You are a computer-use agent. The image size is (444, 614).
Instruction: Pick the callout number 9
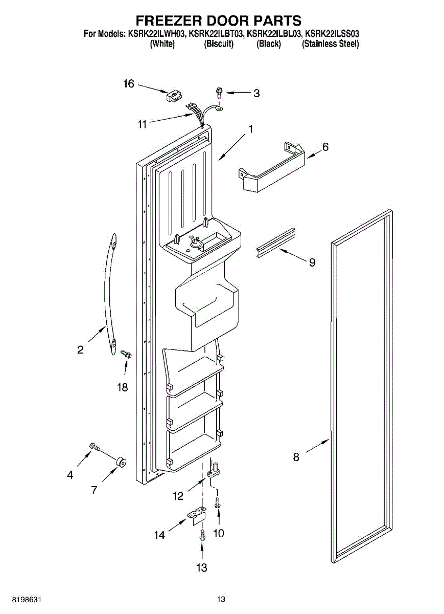312,262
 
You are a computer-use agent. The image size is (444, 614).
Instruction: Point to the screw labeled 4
94,447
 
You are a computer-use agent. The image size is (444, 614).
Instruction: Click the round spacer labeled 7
121,463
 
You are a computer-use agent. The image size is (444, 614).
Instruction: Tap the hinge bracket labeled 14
198,517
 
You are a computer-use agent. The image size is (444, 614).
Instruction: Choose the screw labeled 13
202,536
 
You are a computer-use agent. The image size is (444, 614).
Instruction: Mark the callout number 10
218,534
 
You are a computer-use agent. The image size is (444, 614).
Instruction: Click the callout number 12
177,495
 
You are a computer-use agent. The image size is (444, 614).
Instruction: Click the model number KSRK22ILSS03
332,34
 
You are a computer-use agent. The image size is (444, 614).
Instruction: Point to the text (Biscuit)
219,44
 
